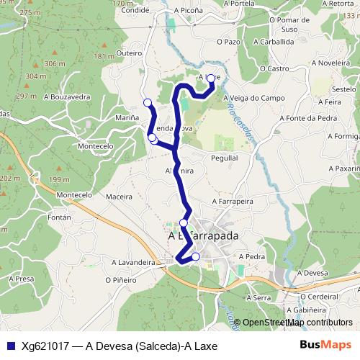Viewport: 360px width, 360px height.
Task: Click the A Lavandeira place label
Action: [133, 263]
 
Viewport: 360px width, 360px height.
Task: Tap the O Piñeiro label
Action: [120, 279]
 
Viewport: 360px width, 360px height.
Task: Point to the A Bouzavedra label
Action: [67, 96]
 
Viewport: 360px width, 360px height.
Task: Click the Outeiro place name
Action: [129, 53]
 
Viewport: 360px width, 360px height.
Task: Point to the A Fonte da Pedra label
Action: [311, 118]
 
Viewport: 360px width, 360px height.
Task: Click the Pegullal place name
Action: [224, 157]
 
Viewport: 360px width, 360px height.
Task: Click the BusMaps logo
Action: [327, 346]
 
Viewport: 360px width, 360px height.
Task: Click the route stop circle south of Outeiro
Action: [148, 102]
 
